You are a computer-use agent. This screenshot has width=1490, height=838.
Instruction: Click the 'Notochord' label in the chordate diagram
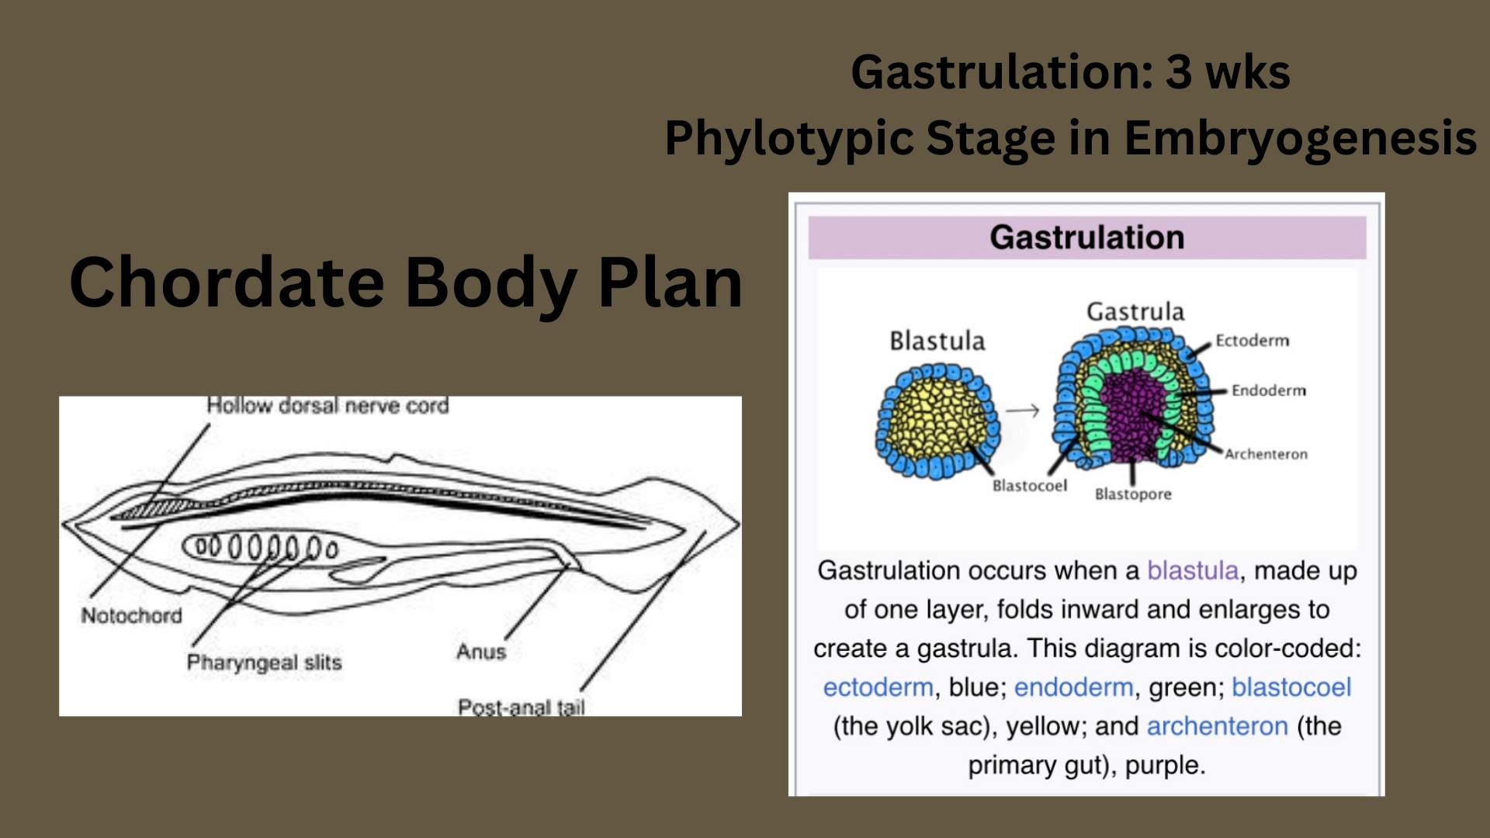point(131,615)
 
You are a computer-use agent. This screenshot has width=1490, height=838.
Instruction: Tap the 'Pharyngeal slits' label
point(264,663)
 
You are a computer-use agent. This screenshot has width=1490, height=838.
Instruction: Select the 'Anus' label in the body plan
point(481,652)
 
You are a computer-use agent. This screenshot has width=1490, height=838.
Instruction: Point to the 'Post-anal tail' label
point(521,707)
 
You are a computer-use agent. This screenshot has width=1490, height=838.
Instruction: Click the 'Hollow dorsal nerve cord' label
point(327,406)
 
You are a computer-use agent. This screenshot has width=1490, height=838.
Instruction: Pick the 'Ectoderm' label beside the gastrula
point(1252,341)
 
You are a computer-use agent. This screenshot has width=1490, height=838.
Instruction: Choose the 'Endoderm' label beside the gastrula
point(1268,390)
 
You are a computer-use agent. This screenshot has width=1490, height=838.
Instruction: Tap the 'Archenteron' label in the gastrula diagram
point(1266,454)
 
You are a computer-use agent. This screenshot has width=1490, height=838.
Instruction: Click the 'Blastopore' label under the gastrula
point(1133,494)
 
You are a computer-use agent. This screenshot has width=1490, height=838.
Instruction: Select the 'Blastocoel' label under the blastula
point(1030,486)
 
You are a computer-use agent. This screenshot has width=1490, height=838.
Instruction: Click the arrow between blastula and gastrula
point(1023,410)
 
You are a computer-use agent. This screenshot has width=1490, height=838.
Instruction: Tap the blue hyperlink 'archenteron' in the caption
point(1217,726)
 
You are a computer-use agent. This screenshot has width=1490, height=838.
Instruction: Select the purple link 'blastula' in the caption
point(1193,571)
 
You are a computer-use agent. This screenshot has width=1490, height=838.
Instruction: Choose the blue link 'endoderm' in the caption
point(1073,687)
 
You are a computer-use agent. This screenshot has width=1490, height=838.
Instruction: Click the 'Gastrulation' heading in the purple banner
point(1086,237)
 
